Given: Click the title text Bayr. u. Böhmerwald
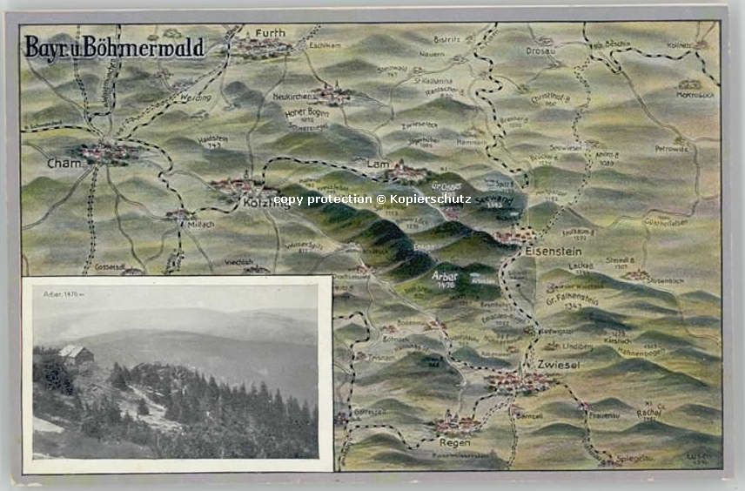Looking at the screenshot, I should point(114,48).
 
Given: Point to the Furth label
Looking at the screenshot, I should point(270,33).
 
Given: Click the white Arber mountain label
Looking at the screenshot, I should point(445,275).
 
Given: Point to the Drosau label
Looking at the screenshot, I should point(541,50).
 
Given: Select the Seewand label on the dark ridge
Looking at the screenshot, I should point(489,198).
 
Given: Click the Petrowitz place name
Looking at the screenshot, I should point(671,149).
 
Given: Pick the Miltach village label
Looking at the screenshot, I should point(199,224).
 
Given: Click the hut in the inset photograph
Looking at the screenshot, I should point(75,354).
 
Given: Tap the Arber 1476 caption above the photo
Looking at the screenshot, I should point(64,294).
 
